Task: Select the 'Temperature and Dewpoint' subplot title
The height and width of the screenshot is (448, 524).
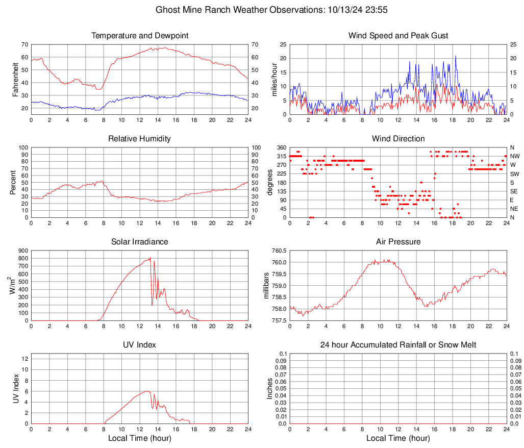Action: point(139,36)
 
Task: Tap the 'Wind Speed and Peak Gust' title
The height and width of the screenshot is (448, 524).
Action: point(398,36)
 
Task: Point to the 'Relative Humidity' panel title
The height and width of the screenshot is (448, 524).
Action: point(139,139)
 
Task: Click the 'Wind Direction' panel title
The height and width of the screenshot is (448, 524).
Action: point(398,139)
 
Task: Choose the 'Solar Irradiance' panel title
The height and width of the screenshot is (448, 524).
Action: point(139,242)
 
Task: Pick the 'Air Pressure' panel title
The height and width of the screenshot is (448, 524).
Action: point(398,242)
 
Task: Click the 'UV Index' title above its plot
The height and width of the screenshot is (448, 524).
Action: point(139,345)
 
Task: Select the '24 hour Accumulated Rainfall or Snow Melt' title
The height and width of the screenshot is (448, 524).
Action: point(398,345)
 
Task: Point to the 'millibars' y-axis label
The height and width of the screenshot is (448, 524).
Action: point(266,286)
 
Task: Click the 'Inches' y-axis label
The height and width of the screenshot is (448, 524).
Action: point(270,389)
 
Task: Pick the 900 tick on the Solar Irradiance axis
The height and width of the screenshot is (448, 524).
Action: point(22,251)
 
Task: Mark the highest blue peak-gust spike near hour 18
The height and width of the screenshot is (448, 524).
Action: point(455,56)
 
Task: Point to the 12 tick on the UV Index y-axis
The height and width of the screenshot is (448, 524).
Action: point(24,359)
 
